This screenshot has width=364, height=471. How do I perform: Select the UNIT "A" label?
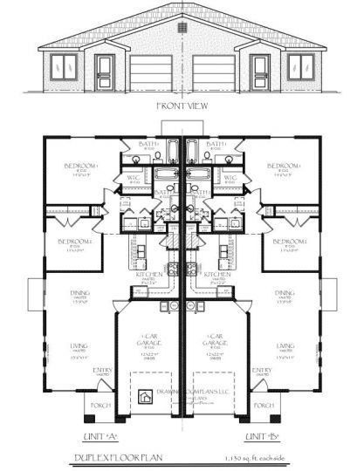[97, 434]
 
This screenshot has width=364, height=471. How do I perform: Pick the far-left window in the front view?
[64, 65]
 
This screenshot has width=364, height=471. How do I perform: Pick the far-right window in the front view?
[300, 65]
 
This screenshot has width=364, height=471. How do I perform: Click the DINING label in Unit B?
[285, 294]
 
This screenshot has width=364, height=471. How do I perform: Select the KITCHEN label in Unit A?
[149, 274]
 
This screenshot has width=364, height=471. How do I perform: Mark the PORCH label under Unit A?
[101, 406]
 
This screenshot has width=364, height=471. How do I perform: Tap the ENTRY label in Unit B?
[285, 370]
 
